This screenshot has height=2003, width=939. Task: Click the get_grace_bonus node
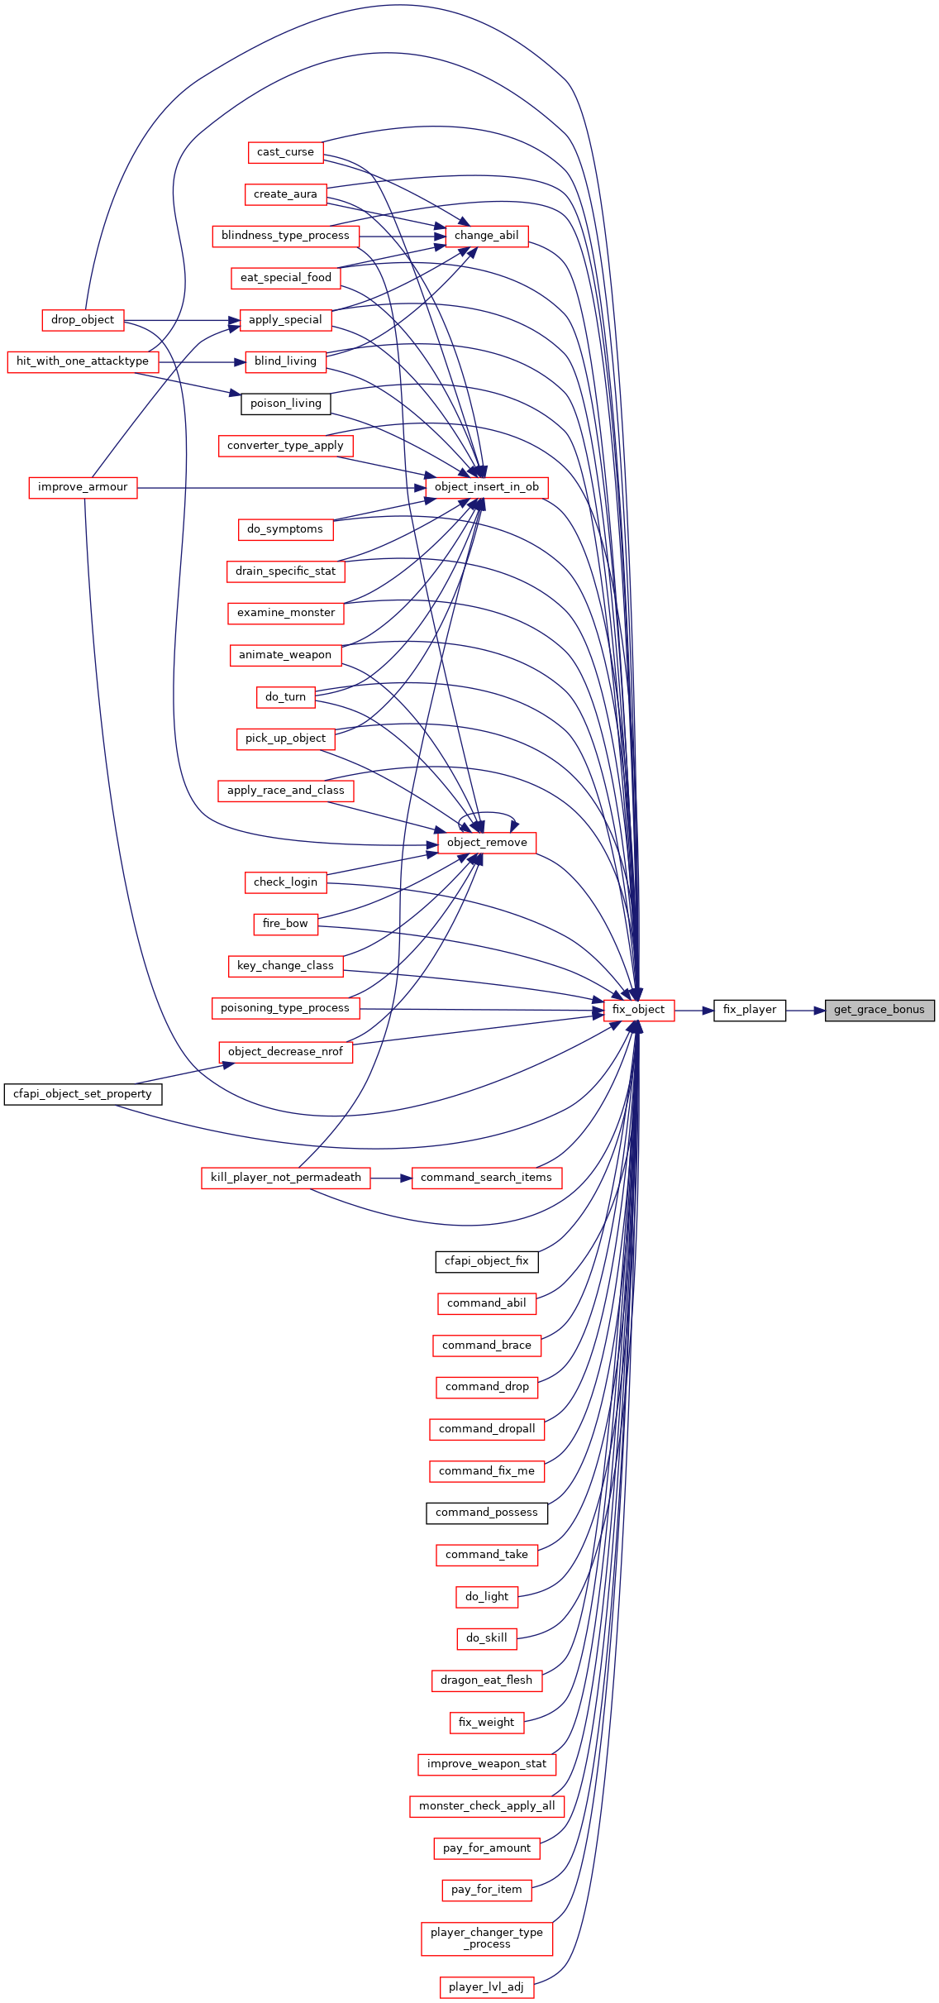click(x=879, y=1010)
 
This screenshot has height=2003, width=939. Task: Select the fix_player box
click(x=750, y=1010)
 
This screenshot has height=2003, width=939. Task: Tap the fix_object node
click(x=639, y=1010)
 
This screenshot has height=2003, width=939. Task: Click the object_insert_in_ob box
click(x=487, y=487)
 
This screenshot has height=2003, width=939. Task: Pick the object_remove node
click(x=487, y=843)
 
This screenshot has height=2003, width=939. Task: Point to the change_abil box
click(x=487, y=236)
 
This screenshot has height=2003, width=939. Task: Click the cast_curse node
click(x=285, y=152)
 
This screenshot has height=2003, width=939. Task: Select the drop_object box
click(x=83, y=320)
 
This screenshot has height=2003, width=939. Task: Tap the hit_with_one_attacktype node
click(x=83, y=361)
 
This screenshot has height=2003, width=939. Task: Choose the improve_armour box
click(x=83, y=487)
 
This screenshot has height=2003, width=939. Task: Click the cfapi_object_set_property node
click(x=83, y=1094)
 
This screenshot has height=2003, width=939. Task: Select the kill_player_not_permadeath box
click(x=286, y=1178)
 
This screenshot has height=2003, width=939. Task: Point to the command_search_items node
click(x=487, y=1178)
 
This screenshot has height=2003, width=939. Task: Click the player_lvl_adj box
click(x=487, y=1986)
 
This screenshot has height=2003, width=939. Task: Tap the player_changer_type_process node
click(x=487, y=1938)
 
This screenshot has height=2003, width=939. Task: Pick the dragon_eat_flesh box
click(x=487, y=1680)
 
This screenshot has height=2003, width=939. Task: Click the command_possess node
click(x=487, y=1513)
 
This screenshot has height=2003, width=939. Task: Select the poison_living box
click(x=286, y=404)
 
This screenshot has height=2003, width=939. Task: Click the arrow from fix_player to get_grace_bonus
click(x=806, y=1010)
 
